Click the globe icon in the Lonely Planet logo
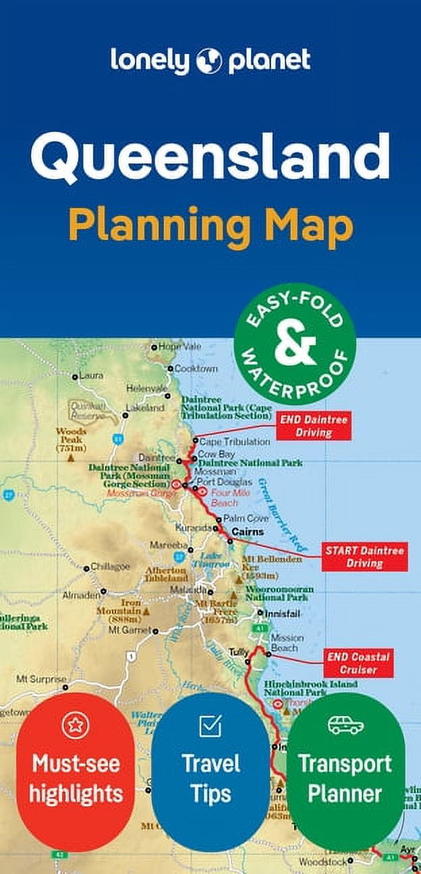click(209, 61)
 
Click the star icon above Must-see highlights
click(76, 726)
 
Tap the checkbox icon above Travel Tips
click(210, 726)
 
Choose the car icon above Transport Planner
click(345, 725)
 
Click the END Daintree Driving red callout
click(313, 426)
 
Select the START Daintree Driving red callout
click(364, 557)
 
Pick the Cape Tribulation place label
click(225, 442)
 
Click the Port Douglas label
click(225, 482)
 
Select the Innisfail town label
click(281, 613)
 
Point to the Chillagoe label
click(110, 566)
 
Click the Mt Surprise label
click(41, 678)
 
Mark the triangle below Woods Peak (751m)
click(70, 457)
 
